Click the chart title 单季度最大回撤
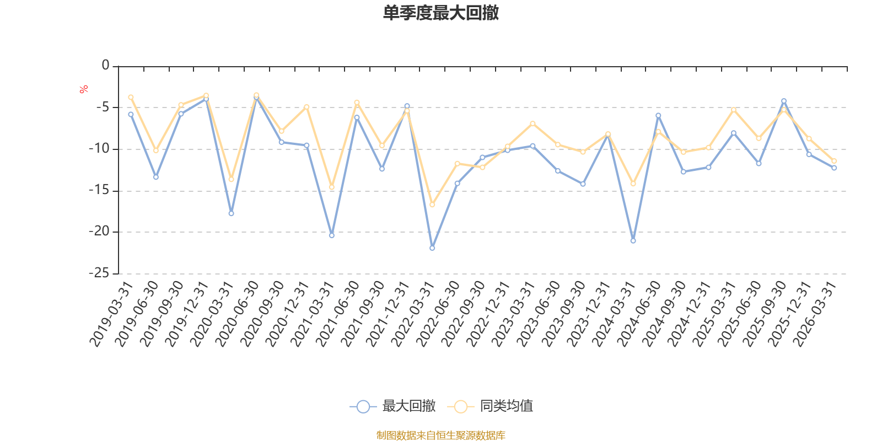tap(441, 13)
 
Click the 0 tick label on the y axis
tap(105, 66)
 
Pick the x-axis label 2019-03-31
tap(111, 314)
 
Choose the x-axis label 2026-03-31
tap(815, 314)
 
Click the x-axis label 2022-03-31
tap(413, 314)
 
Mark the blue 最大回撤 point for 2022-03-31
tap(432, 248)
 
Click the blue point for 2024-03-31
tap(633, 241)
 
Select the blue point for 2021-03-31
tap(332, 235)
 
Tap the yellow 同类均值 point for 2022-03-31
tap(432, 205)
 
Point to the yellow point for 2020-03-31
tap(232, 179)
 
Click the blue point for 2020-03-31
tap(232, 213)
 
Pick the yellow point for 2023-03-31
tap(533, 123)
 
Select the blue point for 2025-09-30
tap(784, 101)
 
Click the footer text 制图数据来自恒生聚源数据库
tap(440, 435)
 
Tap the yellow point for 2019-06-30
tap(156, 150)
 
